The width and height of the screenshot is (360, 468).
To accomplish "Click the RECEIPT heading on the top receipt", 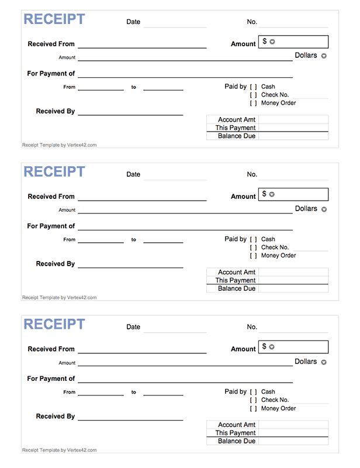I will tap(54, 19).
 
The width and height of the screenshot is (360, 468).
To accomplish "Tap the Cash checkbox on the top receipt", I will tap(254, 87).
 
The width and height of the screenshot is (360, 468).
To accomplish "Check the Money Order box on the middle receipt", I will tap(254, 256).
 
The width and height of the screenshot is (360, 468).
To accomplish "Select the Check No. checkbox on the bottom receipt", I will tap(254, 400).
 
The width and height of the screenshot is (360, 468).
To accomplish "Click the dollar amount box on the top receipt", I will tap(295, 42).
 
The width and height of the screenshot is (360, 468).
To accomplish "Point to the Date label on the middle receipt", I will tap(133, 174).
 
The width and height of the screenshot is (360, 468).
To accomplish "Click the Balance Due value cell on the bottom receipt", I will tap(293, 441).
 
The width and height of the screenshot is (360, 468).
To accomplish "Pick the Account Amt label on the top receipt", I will tap(237, 120).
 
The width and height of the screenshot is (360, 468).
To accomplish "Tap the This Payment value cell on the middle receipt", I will tap(293, 280).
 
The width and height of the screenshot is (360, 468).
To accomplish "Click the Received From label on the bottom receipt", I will tap(51, 349).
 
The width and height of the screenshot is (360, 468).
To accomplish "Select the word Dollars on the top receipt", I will tap(306, 56).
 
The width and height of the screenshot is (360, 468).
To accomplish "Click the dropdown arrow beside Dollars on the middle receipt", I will tap(324, 209).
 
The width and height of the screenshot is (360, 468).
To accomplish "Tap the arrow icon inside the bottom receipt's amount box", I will tap(272, 347).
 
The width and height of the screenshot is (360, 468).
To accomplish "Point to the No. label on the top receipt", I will tap(252, 22).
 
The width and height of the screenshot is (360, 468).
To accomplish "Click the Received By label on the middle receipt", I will tap(56, 264).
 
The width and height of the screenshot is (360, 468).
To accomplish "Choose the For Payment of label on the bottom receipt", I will tap(51, 378).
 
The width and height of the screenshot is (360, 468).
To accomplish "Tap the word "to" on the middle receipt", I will tap(133, 239).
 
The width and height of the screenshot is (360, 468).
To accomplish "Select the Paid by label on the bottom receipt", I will tap(236, 392).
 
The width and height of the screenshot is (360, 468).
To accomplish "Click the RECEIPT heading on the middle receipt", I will tap(54, 172).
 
